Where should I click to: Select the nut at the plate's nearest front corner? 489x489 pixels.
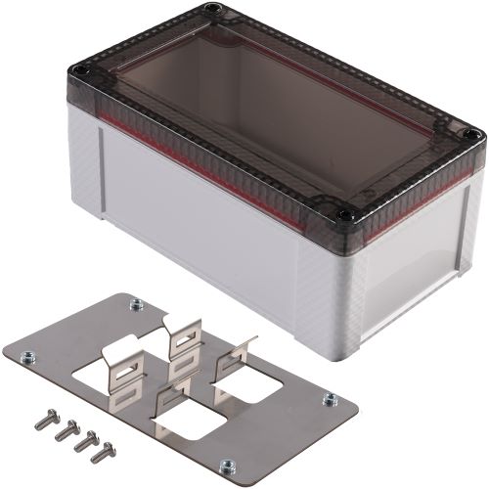227,466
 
